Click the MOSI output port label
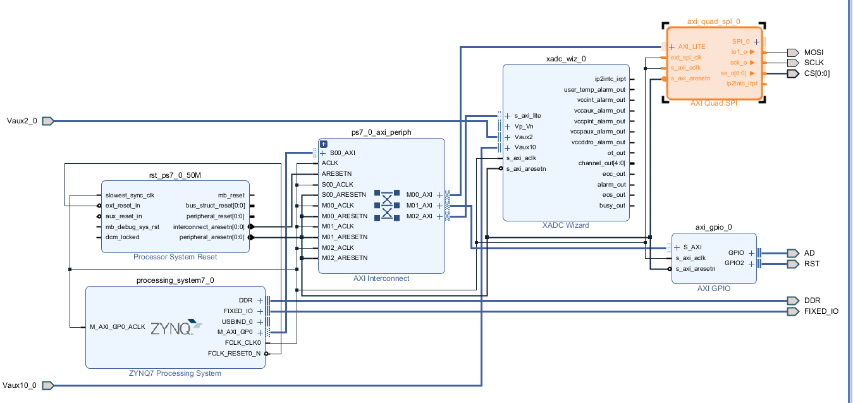813,53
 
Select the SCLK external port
814,63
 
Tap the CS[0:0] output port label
816,73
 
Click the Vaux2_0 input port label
21,121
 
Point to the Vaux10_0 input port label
20,385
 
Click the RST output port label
811,264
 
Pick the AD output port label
809,253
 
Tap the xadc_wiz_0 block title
565,59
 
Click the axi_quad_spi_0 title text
713,22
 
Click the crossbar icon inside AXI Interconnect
386,205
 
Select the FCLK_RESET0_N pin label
234,354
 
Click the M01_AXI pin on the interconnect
419,206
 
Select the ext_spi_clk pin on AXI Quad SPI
686,57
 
